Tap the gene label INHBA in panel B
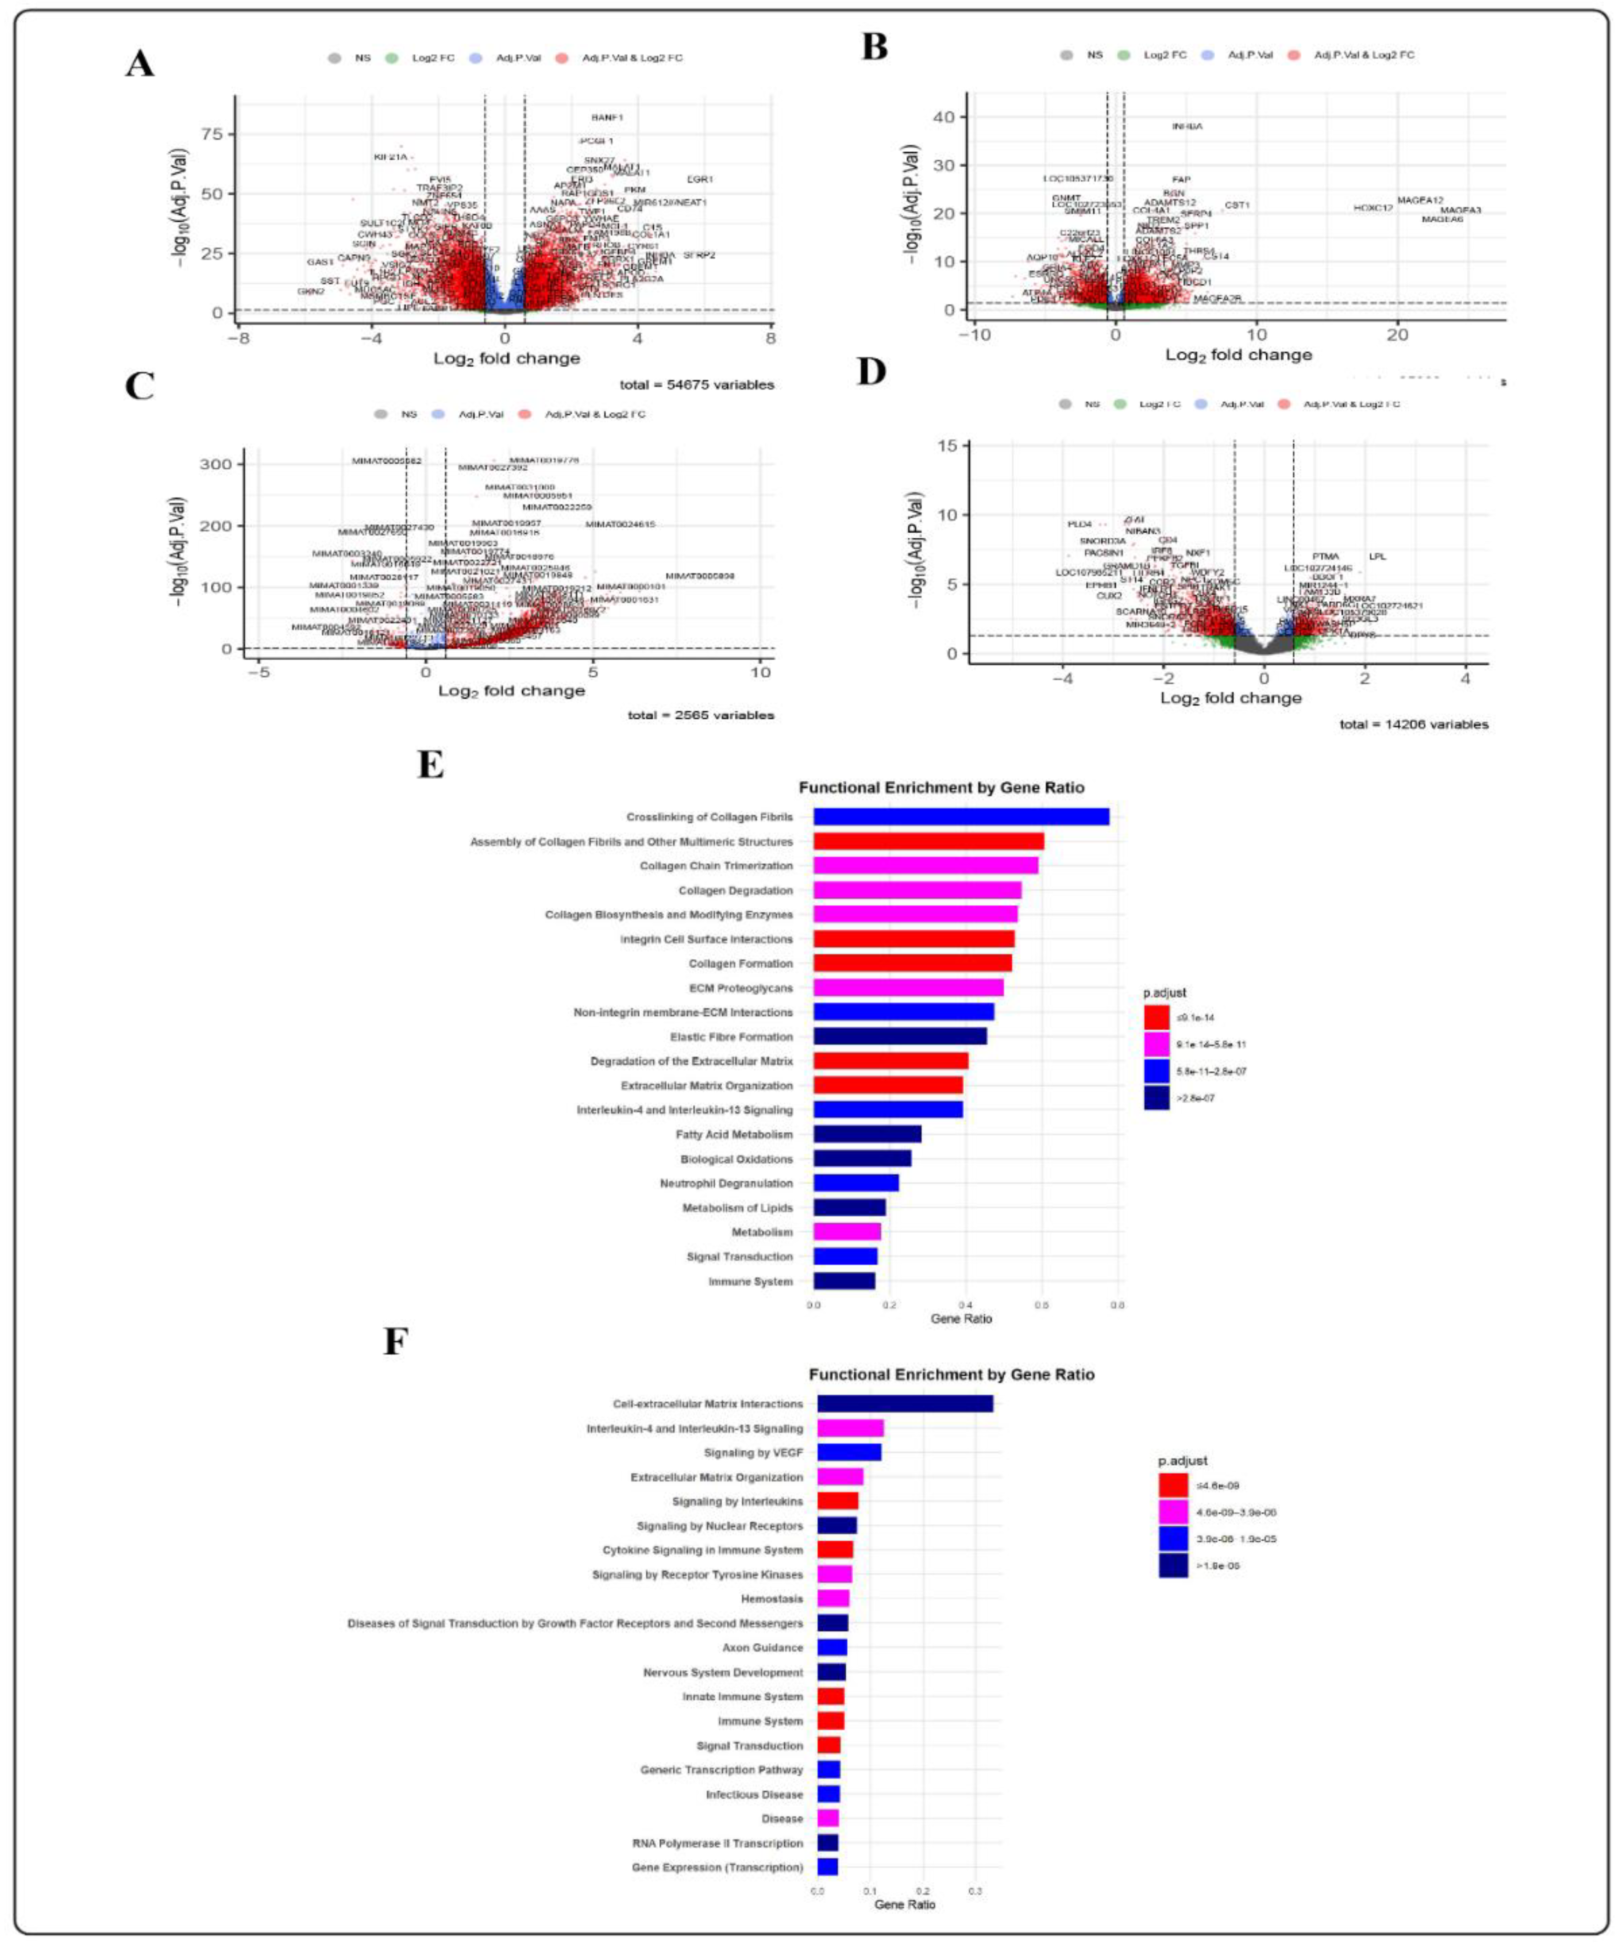click(1187, 127)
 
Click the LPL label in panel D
click(1377, 557)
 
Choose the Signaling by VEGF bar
click(848, 1452)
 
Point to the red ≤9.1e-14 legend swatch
click(1156, 1017)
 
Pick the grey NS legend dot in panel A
click(334, 59)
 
